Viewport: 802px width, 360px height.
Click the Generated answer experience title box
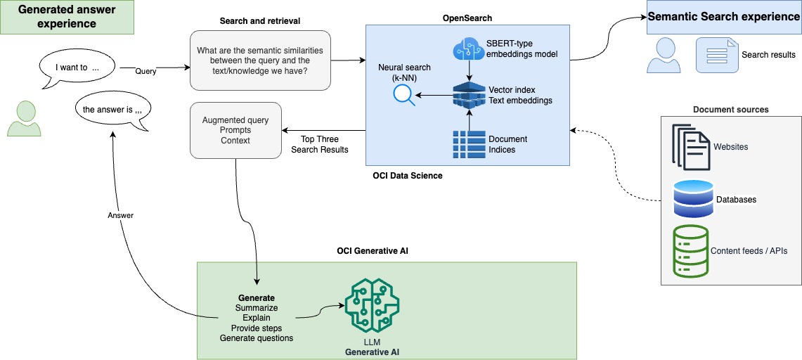pos(67,17)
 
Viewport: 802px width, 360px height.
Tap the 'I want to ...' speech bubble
pos(77,69)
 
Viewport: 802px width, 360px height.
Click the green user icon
pos(25,118)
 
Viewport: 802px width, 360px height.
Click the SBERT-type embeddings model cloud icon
pos(468,49)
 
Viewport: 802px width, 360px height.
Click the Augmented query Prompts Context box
pos(235,130)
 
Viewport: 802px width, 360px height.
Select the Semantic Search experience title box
pos(724,17)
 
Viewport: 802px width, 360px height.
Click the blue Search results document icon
pos(715,55)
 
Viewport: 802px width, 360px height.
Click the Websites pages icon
pos(690,147)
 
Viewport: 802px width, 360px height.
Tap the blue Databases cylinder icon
pos(692,198)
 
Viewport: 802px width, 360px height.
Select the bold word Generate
pos(257,298)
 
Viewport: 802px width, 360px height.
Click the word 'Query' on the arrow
pos(146,71)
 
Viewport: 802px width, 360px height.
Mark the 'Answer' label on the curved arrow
pos(121,215)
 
